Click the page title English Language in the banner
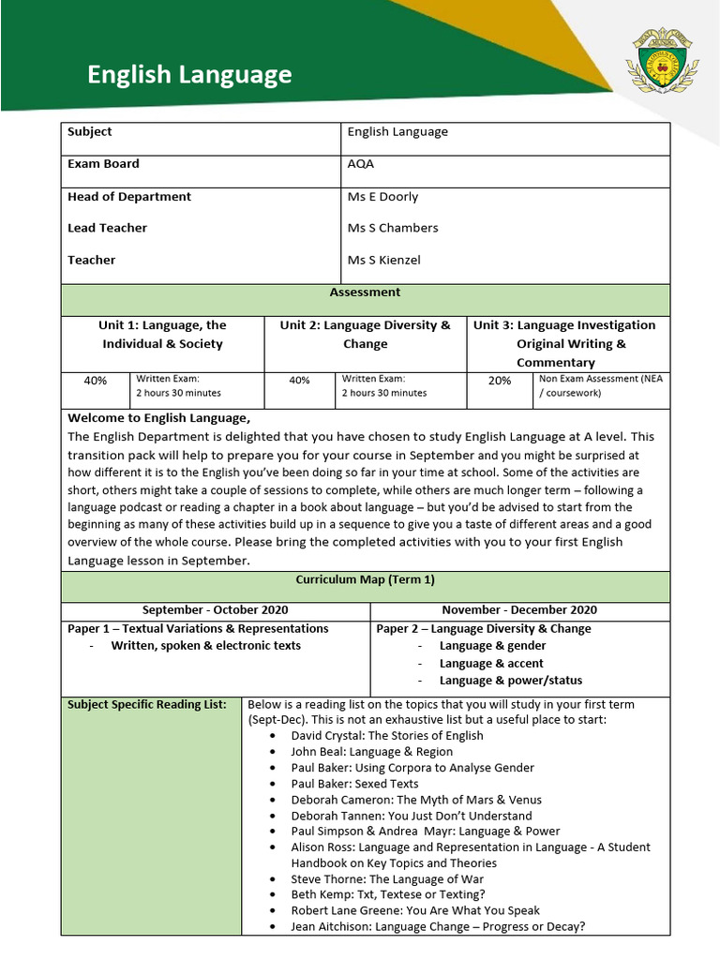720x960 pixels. [189, 75]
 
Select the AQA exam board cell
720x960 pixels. [361, 164]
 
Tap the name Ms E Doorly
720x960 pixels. [382, 197]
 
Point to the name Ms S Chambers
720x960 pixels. [393, 228]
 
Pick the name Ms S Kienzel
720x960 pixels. [384, 260]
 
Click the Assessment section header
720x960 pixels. [365, 292]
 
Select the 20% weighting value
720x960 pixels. [500, 381]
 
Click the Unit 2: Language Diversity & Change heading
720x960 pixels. [365, 335]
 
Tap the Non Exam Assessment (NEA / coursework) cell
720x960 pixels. [600, 386]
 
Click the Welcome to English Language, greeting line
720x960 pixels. [159, 418]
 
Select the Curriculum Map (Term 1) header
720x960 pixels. [365, 580]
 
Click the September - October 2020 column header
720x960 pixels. [216, 610]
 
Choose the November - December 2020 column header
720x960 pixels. [519, 610]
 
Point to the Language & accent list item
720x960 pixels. [491, 663]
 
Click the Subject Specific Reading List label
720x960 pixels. [147, 705]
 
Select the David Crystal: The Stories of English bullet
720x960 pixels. [387, 736]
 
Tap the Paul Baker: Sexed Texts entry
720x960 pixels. [354, 784]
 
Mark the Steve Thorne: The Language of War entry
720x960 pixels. [387, 879]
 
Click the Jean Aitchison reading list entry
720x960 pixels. [438, 927]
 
